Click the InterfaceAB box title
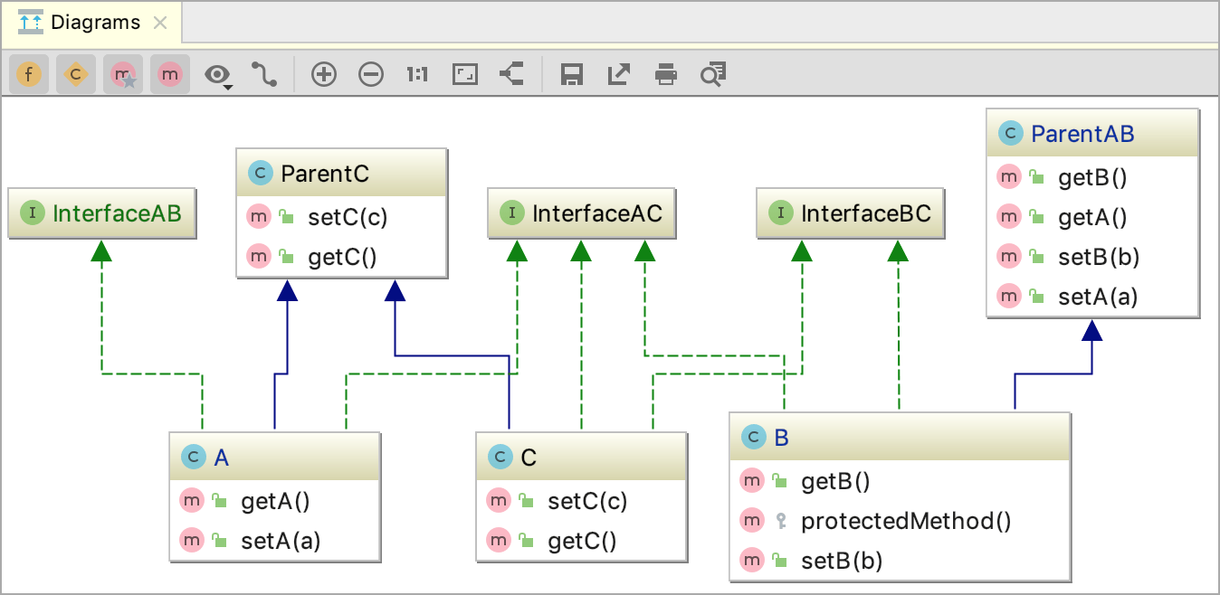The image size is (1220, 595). point(117,213)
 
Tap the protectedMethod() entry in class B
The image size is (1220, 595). point(906,521)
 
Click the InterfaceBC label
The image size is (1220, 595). point(866,213)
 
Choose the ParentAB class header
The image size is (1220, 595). point(1082,135)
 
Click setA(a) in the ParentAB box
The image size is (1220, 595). point(1097,296)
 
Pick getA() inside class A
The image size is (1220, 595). point(275,501)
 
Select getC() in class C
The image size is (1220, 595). point(581,541)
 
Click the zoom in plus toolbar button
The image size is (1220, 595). point(323,75)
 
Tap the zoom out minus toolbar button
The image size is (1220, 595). point(371,75)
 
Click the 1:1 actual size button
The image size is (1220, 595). point(417,75)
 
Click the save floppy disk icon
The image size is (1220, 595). point(571,75)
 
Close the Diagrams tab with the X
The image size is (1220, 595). point(160,23)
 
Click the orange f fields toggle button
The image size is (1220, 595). point(29,75)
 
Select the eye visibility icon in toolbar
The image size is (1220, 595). point(217,75)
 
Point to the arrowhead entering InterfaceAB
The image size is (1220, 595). point(102,250)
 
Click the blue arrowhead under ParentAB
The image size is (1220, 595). point(1092,330)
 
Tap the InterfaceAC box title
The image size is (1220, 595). point(597,213)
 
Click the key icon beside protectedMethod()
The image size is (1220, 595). point(781,521)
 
